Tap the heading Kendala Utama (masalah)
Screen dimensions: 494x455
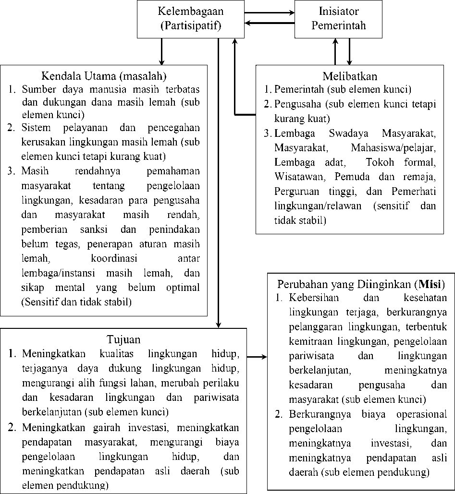click(104, 76)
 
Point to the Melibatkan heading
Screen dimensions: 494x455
click(349, 76)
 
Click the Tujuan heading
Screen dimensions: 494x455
click(123, 340)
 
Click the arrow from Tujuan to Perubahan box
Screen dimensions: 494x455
click(257, 357)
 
